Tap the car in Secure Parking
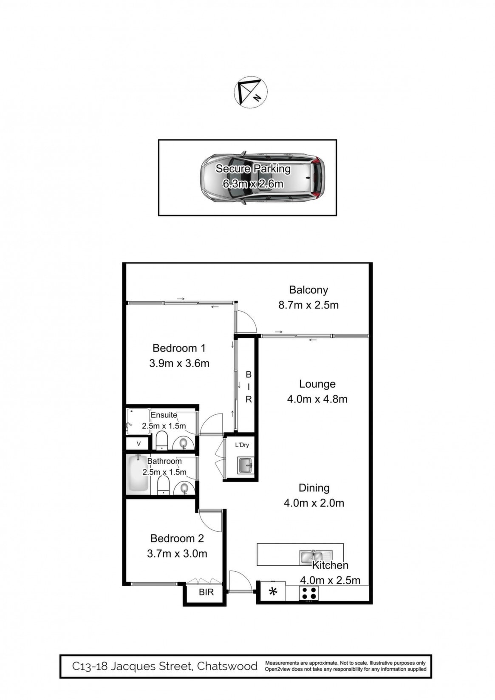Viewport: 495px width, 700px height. tap(263, 178)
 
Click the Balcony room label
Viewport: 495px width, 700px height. tap(308, 290)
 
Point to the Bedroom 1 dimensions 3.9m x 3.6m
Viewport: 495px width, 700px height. tap(179, 363)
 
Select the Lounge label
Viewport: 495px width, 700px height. tap(317, 384)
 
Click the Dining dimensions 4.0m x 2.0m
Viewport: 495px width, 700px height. tap(314, 503)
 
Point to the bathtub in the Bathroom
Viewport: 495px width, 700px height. tap(138, 475)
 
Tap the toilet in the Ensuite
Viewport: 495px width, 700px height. tap(162, 441)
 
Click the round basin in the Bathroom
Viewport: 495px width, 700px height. tap(184, 488)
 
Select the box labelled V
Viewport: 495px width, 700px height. tap(139, 443)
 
